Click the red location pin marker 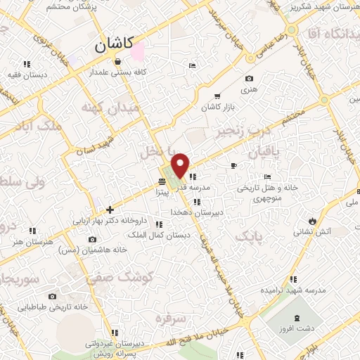[181, 164]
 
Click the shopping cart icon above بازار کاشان [217, 96]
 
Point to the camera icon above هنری [248, 79]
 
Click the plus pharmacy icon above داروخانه [110, 210]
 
